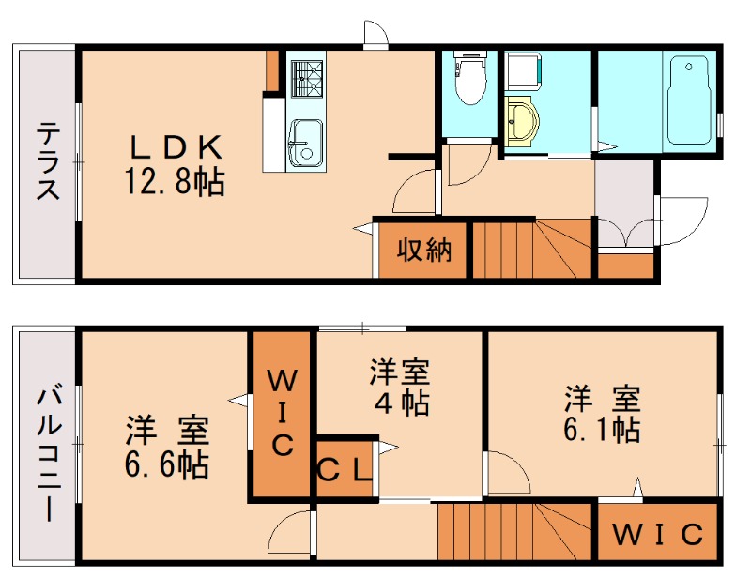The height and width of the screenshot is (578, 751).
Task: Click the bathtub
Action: click(x=691, y=101)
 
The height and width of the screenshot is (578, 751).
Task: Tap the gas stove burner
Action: click(x=305, y=77)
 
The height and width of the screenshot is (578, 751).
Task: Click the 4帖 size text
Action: click(x=400, y=403)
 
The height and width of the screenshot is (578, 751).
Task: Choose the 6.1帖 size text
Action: click(x=603, y=430)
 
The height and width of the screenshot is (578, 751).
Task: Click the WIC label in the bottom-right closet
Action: click(x=658, y=535)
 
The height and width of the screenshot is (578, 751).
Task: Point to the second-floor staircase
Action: click(x=514, y=533)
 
